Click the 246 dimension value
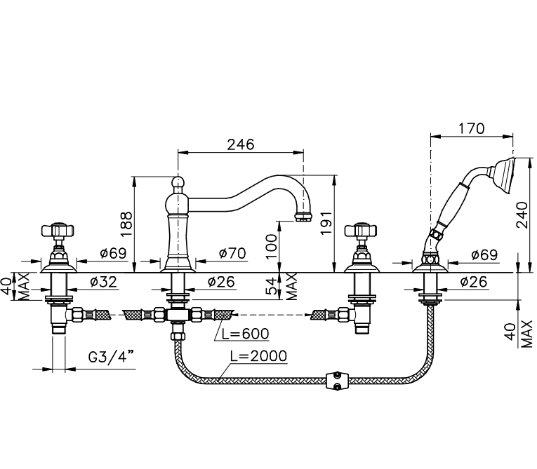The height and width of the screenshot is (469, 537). click(240, 144)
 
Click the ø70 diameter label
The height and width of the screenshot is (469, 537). click(232, 252)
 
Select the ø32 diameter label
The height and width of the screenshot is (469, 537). click(103, 282)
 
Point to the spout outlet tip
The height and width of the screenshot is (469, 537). click(303, 216)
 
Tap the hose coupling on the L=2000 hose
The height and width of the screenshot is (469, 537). click(338, 380)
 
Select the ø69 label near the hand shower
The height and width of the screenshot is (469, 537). click(483, 253)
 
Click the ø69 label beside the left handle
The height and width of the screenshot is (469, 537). click(113, 253)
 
